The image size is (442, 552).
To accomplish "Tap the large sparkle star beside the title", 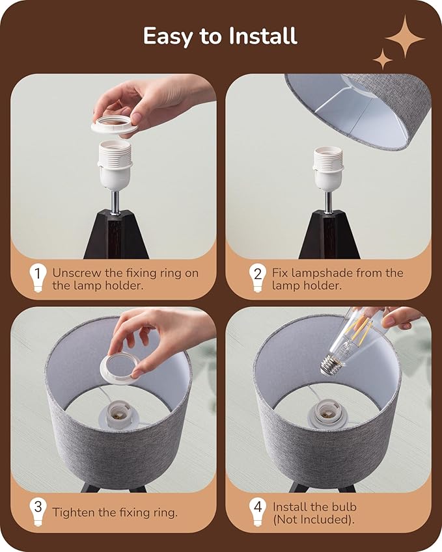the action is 405,37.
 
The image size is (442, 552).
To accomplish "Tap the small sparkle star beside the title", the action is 383,59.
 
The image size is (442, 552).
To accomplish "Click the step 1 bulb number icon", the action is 37,278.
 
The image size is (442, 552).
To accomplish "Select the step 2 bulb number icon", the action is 257,278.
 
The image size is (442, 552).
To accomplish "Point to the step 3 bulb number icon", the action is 37,512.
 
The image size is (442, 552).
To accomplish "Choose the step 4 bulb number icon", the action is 257,512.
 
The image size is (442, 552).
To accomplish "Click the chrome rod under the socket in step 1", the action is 115,202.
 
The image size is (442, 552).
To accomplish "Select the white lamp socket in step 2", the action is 328,169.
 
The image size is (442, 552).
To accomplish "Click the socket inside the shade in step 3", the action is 119,415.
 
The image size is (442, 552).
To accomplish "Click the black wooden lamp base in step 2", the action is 329,235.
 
